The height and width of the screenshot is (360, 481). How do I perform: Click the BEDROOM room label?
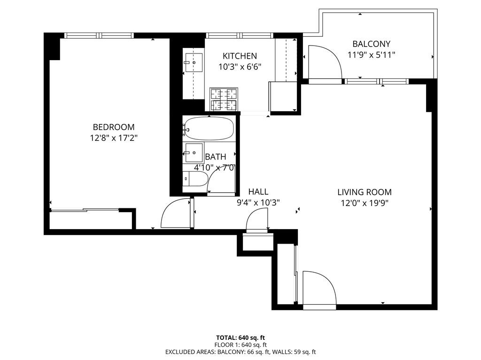[113, 127]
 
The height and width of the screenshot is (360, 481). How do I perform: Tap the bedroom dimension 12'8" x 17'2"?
[113, 138]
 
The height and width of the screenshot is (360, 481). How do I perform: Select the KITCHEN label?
[240, 56]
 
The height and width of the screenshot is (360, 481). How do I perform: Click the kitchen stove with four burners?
[223, 100]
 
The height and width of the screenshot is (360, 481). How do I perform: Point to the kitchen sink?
[193, 62]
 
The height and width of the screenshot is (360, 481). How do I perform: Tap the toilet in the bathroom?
[195, 179]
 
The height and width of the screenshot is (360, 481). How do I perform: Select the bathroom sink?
[193, 153]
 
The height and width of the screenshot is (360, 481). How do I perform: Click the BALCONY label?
[371, 44]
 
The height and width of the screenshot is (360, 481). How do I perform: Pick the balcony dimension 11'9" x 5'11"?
[371, 55]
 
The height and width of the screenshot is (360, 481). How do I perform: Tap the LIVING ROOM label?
[364, 192]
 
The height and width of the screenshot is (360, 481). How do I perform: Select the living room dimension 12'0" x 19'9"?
[364, 203]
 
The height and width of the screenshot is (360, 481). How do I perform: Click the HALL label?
[258, 191]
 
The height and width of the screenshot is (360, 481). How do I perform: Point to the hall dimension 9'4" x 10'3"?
[258, 203]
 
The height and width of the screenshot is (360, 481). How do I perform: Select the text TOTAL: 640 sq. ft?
[240, 337]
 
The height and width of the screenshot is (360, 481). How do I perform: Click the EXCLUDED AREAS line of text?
[240, 352]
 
